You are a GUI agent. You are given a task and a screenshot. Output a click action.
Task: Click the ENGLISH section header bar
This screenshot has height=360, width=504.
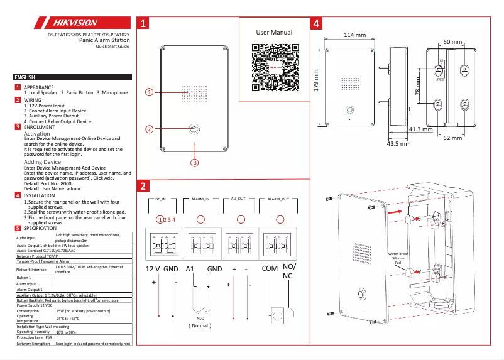click(x=72, y=77)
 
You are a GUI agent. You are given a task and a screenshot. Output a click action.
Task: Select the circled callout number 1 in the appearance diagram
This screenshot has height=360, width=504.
click(x=149, y=92)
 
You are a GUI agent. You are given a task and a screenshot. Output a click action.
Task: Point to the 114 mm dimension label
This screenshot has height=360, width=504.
click(x=354, y=35)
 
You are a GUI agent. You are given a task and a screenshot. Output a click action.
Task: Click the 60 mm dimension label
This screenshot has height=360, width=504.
click(x=452, y=41)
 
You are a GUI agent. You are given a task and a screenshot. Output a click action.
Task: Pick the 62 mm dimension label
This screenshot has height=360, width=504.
click(x=452, y=137)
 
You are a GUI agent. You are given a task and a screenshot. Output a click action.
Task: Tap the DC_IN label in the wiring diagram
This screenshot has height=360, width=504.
click(x=160, y=199)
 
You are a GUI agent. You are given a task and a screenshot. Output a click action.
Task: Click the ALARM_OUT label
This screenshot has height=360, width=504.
click(x=278, y=199)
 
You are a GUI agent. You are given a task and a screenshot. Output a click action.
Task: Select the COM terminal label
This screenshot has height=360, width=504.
click(x=270, y=268)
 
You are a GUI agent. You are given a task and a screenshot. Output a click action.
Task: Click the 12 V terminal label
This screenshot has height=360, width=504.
click(x=153, y=269)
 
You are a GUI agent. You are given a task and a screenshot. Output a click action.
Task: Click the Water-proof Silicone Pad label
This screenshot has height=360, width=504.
click(x=398, y=258)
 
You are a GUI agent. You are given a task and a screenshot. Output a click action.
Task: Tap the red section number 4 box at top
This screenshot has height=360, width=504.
click(x=317, y=24)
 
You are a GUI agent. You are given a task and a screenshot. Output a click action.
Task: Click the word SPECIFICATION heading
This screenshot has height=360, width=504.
click(x=40, y=228)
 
